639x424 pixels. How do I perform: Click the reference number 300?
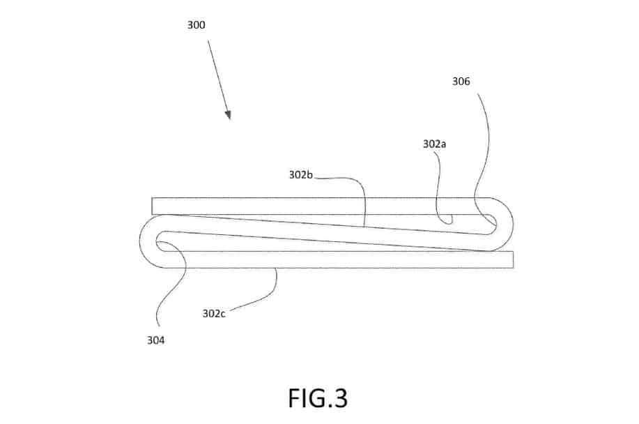tap(196, 25)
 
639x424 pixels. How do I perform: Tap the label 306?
tap(461, 82)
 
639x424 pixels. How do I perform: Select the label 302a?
tap(434, 144)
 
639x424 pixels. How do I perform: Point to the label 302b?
tap(301, 175)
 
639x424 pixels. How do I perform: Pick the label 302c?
tap(213, 314)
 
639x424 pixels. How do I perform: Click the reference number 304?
tap(155, 340)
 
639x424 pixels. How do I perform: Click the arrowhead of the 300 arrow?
tap(229, 114)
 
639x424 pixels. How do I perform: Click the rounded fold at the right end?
tap(512, 225)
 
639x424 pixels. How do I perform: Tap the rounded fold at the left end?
tap(141, 241)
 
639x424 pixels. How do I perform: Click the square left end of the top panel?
tap(153, 206)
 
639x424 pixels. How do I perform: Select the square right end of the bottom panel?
tap(513, 259)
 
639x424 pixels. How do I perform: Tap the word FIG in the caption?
tap(307, 398)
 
